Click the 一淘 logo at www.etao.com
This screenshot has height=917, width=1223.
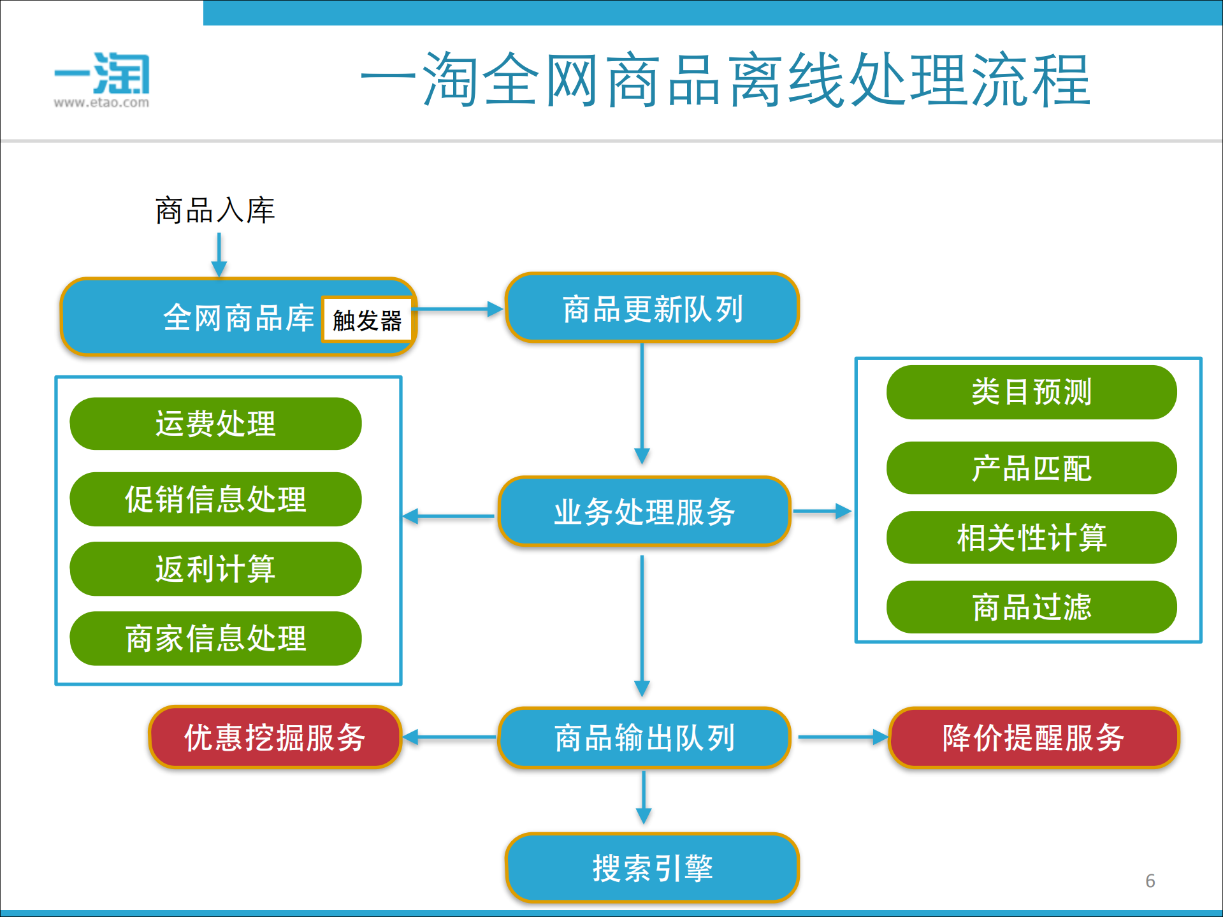click(x=102, y=80)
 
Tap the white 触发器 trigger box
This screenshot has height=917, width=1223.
click(x=366, y=320)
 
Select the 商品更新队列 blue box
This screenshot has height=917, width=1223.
click(x=652, y=308)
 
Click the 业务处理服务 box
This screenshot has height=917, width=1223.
click(x=644, y=512)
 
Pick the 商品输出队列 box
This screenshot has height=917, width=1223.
click(x=644, y=738)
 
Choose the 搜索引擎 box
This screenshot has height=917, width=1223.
click(x=652, y=867)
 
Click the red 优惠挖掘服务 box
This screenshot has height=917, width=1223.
click(x=275, y=737)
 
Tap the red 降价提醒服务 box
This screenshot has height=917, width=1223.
click(x=1033, y=737)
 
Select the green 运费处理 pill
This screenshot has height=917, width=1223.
click(x=215, y=424)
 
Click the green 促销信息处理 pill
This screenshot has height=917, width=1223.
click(x=215, y=499)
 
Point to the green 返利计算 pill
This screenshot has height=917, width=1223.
click(x=215, y=569)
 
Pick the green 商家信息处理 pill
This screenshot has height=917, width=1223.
click(x=215, y=639)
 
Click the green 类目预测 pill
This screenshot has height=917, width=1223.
click(x=1031, y=392)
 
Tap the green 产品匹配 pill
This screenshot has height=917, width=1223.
click(x=1031, y=468)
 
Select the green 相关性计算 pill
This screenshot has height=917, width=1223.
click(x=1031, y=538)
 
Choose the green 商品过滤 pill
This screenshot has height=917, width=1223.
click(x=1031, y=607)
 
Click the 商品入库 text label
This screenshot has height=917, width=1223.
click(x=215, y=210)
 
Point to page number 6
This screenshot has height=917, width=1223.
click(x=1150, y=881)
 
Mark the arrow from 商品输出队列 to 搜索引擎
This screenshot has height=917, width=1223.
click(x=644, y=797)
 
